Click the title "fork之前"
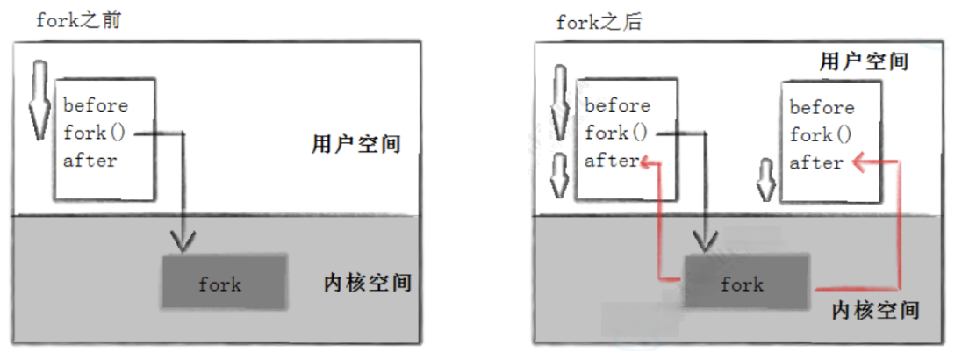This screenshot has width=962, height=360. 78,21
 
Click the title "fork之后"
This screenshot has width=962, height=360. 599,23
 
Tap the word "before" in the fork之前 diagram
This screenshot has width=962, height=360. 96,105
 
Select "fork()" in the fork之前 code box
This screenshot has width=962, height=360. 94,133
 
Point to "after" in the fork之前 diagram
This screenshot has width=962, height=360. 90,161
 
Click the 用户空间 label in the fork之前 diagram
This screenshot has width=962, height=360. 355,145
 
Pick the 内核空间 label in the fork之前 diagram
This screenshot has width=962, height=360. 368,283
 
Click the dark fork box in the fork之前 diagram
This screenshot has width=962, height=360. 225,282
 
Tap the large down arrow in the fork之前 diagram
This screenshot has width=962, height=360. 39,98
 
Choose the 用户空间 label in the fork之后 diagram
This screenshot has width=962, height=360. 864,61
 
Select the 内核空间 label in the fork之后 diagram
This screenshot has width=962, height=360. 875,311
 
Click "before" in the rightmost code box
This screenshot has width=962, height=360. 822,108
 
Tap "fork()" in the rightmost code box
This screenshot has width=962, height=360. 821,135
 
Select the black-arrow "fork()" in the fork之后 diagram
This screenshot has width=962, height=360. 615,133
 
